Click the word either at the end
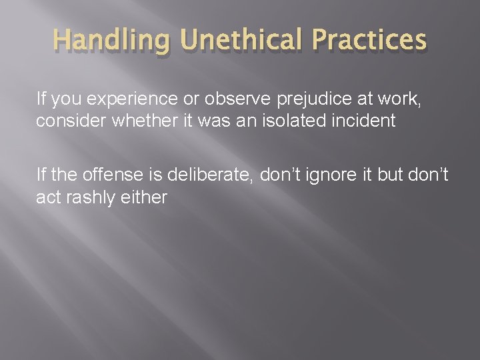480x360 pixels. pyautogui.click(x=147, y=198)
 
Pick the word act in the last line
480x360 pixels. pyautogui.click(x=49, y=198)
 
